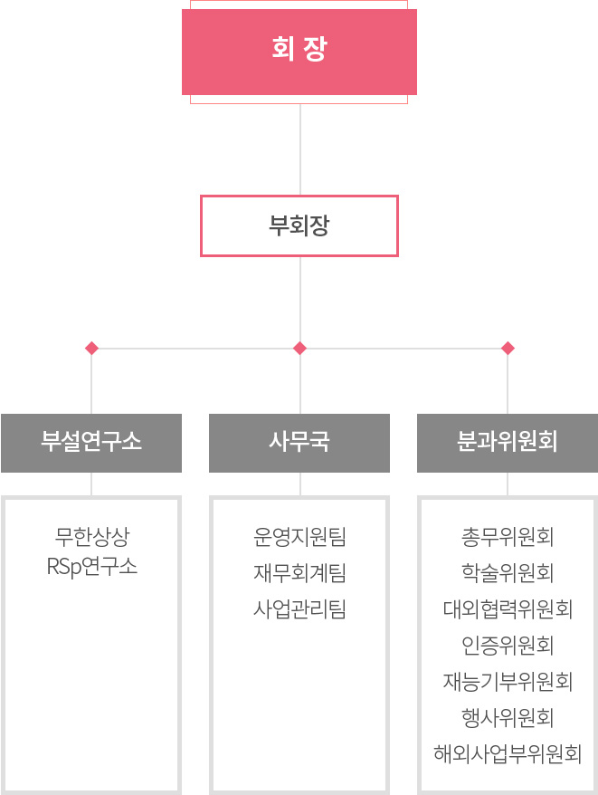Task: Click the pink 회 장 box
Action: pyautogui.click(x=299, y=52)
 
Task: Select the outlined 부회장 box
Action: pyautogui.click(x=299, y=225)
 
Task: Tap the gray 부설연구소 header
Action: pyautogui.click(x=91, y=443)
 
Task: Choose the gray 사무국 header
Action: pyautogui.click(x=299, y=443)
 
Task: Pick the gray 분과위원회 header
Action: pyautogui.click(x=508, y=443)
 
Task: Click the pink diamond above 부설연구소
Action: pyautogui.click(x=91, y=349)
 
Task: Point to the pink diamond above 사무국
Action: pyautogui.click(x=300, y=349)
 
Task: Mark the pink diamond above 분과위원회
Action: pyautogui.click(x=508, y=349)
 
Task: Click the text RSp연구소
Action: pyautogui.click(x=91, y=567)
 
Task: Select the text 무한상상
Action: pyautogui.click(x=92, y=537)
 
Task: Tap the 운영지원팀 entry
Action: pyautogui.click(x=299, y=537)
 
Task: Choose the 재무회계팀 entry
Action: pyautogui.click(x=299, y=573)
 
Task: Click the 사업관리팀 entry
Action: pyautogui.click(x=299, y=608)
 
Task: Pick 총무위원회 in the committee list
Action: pyautogui.click(x=508, y=537)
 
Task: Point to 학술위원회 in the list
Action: pyautogui.click(x=508, y=573)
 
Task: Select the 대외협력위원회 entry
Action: pyautogui.click(x=508, y=608)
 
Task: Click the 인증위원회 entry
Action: pyautogui.click(x=508, y=646)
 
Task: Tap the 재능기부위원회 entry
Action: pyautogui.click(x=508, y=682)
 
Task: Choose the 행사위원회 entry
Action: pyautogui.click(x=508, y=717)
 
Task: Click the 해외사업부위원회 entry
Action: pyautogui.click(x=508, y=754)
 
